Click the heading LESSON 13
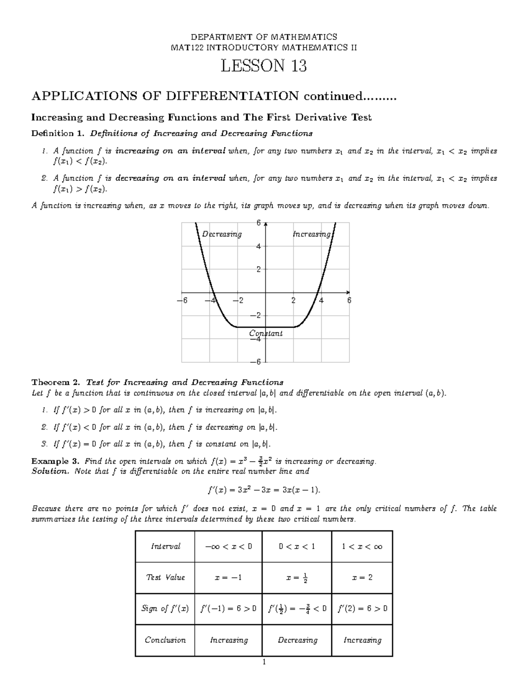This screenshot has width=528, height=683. (264, 66)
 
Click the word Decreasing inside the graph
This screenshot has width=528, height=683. (222, 234)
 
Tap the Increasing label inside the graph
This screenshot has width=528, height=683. (312, 234)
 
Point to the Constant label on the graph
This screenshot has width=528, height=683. (266, 333)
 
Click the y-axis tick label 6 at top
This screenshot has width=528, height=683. (259, 223)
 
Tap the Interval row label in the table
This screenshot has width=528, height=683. (165, 546)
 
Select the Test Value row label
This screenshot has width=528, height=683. (165, 577)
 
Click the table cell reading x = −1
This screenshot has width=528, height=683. (228, 577)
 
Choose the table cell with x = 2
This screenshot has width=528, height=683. (362, 577)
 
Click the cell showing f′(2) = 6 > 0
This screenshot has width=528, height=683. (362, 609)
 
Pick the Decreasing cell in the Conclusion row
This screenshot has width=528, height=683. (297, 640)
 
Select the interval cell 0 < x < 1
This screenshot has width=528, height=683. (297, 546)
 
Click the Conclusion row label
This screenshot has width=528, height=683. (165, 640)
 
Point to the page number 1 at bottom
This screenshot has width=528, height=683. (264, 662)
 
